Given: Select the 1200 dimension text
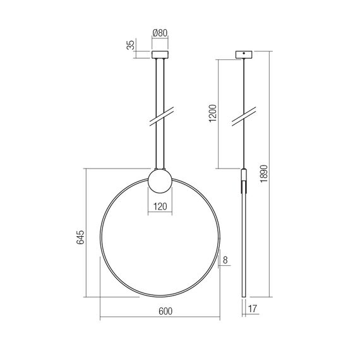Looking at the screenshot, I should tap(213, 114).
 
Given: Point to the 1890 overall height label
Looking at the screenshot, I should tap(264, 174).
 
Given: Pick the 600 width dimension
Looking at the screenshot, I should tap(164, 311).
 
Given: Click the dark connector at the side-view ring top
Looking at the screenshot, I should tap(243, 176).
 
